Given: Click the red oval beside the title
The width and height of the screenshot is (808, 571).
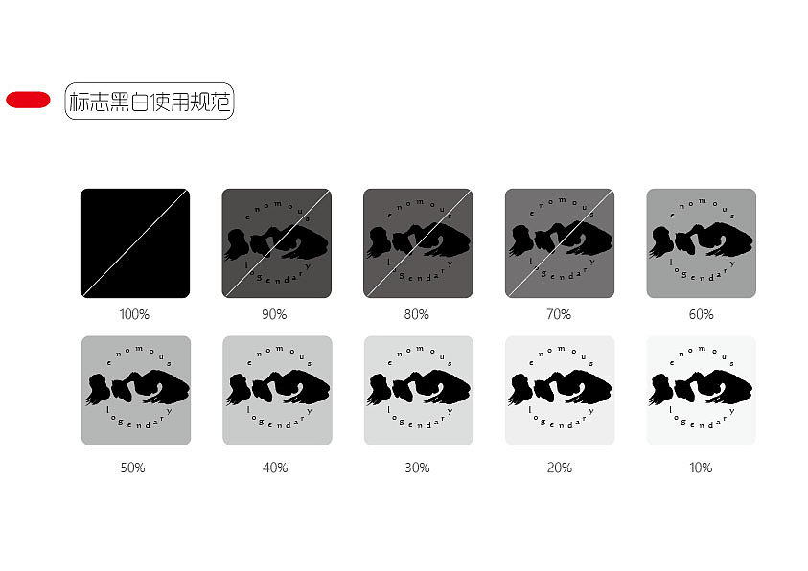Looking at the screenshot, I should click(x=28, y=100).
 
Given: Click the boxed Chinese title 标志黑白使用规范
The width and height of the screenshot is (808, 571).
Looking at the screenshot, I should click(x=150, y=101).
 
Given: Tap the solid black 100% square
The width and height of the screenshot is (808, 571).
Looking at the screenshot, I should click(x=135, y=243).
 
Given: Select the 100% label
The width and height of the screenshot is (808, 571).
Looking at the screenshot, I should click(x=133, y=314).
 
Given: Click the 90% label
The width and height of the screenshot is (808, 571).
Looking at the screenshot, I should click(x=274, y=314).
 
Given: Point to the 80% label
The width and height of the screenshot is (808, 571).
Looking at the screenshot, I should click(x=416, y=314).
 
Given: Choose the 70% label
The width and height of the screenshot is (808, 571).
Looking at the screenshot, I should click(x=558, y=314).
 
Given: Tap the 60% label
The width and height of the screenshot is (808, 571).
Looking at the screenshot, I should click(x=701, y=314).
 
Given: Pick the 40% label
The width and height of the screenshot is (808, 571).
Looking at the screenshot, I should click(x=274, y=468).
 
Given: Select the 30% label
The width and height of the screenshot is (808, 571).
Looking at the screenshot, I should click(x=416, y=468).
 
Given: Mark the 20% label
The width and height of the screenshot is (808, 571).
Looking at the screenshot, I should click(x=559, y=468).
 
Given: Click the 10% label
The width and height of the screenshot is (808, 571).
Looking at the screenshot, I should click(x=701, y=468).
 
